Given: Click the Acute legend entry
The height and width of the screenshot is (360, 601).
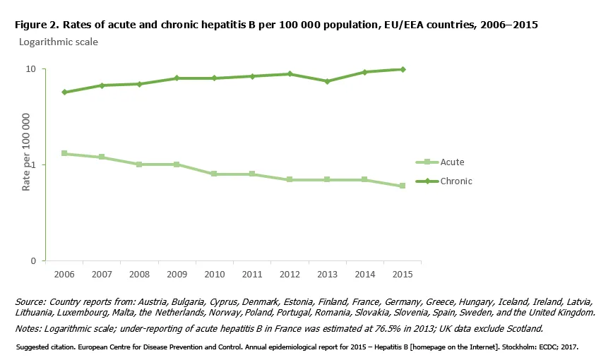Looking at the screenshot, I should click(452, 162).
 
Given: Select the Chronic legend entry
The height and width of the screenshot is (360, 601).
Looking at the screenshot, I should click(456, 181).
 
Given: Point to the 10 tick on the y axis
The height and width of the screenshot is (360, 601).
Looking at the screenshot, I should click(31, 69).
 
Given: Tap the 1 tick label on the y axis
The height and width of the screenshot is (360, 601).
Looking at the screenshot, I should click(33, 164).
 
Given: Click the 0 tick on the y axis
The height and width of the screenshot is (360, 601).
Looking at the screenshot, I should click(33, 260).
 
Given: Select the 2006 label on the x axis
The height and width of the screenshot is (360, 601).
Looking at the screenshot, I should click(64, 273).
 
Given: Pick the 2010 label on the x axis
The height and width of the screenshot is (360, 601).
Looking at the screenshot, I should click(214, 273).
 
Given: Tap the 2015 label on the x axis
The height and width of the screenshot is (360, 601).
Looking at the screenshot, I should click(402, 273).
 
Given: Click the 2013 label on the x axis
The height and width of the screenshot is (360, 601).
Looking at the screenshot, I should click(327, 273).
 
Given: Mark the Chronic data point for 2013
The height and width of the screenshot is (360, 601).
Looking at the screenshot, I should click(327, 81).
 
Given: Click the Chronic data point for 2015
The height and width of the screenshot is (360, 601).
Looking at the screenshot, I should click(402, 69).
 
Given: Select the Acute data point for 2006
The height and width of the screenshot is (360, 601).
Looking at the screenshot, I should click(64, 153).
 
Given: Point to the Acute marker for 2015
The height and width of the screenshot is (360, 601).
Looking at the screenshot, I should click(402, 186).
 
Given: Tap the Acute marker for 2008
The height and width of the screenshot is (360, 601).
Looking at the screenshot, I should click(139, 164).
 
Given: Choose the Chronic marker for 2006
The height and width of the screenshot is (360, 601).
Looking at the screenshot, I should click(64, 92).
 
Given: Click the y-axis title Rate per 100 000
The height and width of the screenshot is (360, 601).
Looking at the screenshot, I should click(25, 152).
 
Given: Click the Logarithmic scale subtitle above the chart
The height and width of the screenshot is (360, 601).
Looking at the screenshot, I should click(58, 42).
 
